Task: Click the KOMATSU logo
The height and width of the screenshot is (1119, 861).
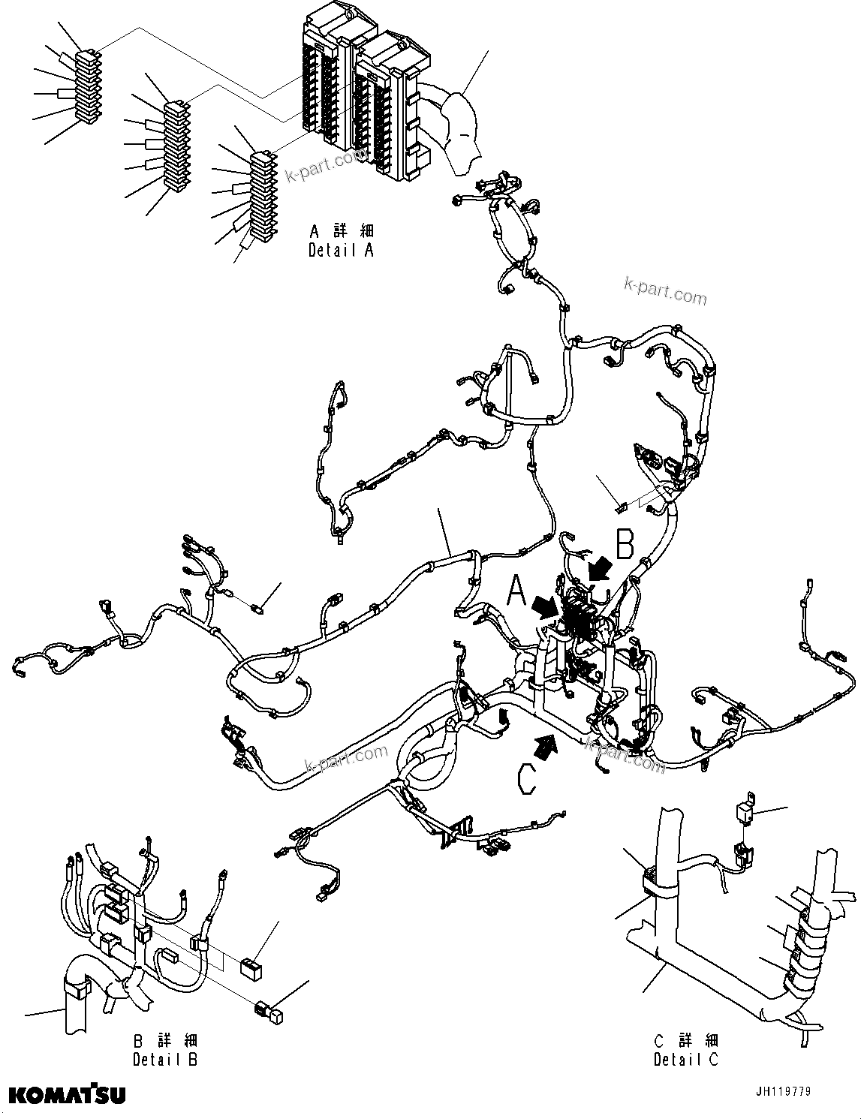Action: coord(68,1095)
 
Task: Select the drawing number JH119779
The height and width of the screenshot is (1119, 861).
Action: coord(783,1092)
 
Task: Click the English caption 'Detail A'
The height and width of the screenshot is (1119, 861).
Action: coord(341,251)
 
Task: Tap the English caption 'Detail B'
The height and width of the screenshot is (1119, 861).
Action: coord(166,1060)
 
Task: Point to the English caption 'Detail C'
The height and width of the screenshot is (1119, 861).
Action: coord(686,1060)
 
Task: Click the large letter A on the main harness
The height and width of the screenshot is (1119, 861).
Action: coord(516,591)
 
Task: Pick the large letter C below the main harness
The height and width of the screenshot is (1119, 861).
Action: coord(528,778)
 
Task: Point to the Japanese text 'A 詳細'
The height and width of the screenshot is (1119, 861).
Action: coord(341,231)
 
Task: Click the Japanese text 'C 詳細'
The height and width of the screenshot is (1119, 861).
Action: coord(686,1040)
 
